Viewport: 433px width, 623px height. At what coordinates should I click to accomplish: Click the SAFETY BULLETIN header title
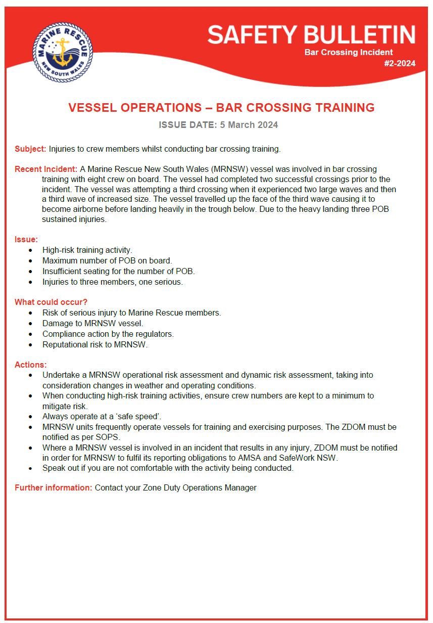click(x=311, y=35)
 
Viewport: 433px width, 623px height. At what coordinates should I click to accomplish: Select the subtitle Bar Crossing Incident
click(x=349, y=52)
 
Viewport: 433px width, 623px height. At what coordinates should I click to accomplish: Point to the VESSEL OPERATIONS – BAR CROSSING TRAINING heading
click(x=221, y=108)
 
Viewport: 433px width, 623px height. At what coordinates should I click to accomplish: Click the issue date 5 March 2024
click(x=249, y=125)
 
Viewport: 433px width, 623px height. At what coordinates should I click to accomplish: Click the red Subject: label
click(x=30, y=149)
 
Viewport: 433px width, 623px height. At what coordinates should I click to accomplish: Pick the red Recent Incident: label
click(x=46, y=169)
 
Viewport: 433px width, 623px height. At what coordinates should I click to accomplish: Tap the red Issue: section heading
click(x=26, y=239)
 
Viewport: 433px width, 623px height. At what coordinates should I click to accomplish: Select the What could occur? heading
click(x=51, y=302)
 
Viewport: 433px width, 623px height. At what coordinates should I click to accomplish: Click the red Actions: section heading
click(x=31, y=365)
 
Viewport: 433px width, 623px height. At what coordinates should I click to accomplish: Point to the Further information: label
click(x=54, y=488)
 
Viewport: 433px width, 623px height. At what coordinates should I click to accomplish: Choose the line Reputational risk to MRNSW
click(x=95, y=345)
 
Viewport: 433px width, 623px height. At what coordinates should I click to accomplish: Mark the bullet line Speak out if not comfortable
click(x=168, y=468)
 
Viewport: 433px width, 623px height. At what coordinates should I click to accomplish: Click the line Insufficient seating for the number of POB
click(x=119, y=272)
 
